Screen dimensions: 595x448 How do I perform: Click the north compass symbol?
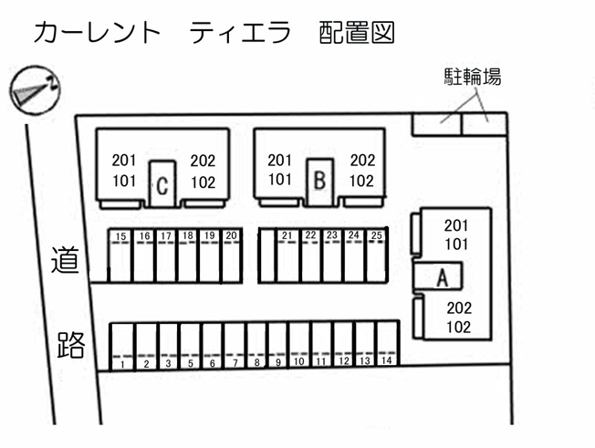pyautogui.click(x=35, y=90)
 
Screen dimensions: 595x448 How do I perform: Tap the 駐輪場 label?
pyautogui.click(x=473, y=77)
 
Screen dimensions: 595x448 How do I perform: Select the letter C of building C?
pyautogui.click(x=162, y=187)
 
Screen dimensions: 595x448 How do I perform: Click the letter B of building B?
pyautogui.click(x=320, y=181)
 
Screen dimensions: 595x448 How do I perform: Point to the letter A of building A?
pyautogui.click(x=442, y=278)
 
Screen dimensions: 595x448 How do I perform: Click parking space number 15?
pyautogui.click(x=120, y=255)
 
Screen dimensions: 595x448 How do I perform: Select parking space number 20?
pyautogui.click(x=232, y=255)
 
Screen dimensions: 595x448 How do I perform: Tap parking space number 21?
pyautogui.click(x=287, y=255)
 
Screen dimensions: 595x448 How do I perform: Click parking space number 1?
pyautogui.click(x=122, y=347)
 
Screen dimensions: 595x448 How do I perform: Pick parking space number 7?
pyautogui.click(x=235, y=345)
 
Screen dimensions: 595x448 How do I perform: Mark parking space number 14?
pyautogui.click(x=387, y=344)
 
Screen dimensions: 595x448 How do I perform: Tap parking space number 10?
pyautogui.click(x=299, y=345)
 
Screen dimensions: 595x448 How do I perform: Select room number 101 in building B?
pyautogui.click(x=280, y=180)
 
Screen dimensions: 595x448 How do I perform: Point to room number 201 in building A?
pyautogui.click(x=456, y=225)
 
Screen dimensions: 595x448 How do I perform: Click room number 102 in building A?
pyautogui.click(x=459, y=327)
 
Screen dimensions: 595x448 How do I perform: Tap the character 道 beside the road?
pyautogui.click(x=65, y=259)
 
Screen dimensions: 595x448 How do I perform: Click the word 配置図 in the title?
pyautogui.click(x=357, y=32)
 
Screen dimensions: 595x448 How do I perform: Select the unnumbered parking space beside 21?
pyautogui.click(x=267, y=255)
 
